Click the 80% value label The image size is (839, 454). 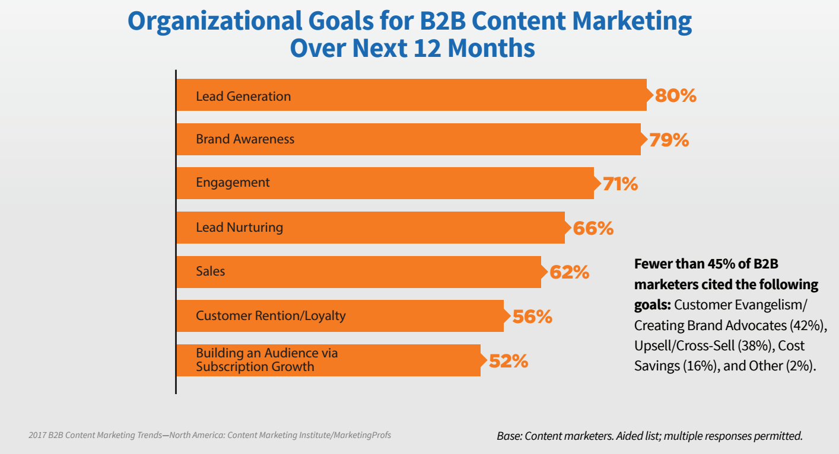coord(675,96)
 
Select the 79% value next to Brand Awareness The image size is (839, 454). coord(668,140)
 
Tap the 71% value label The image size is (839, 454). coord(620,184)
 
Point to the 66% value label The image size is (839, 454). coord(593,228)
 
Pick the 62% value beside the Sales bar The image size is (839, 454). coord(569,272)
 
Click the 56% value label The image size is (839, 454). coord(532,316)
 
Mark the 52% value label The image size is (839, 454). coord(508,361)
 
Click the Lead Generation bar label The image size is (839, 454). coord(243,96)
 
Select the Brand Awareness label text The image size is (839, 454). coord(245,139)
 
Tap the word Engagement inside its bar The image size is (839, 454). coord(233,183)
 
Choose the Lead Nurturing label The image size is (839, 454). coord(239,227)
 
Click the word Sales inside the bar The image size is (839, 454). coord(211,271)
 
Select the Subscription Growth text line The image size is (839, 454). coord(255,366)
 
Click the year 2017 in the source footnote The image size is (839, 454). coord(37,435)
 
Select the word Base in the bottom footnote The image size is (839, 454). coord(510,436)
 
